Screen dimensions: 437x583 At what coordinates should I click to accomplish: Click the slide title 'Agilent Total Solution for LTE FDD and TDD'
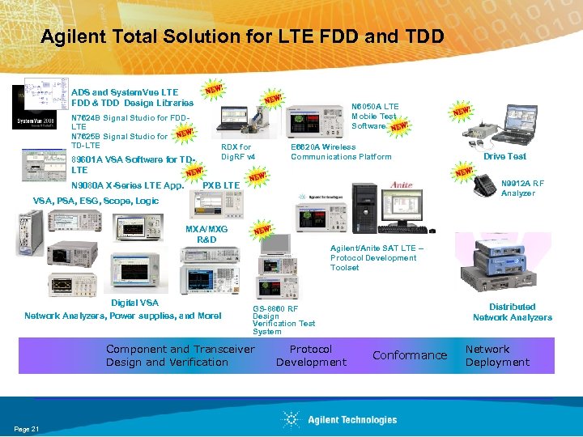[241, 37]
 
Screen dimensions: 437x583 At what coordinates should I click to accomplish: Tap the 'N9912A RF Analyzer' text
[517, 188]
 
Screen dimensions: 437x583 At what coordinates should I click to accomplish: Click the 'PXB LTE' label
[221, 186]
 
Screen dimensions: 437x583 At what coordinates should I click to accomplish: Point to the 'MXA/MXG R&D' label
[206, 235]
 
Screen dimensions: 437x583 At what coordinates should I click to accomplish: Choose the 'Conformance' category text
[409, 355]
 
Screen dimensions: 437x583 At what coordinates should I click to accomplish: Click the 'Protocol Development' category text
[311, 355]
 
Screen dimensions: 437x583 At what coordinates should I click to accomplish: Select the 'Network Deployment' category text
[496, 355]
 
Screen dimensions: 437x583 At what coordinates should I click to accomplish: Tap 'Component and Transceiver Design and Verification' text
[180, 355]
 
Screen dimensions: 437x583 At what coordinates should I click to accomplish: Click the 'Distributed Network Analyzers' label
[512, 312]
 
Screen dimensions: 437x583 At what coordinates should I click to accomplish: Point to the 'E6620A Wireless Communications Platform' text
[340, 152]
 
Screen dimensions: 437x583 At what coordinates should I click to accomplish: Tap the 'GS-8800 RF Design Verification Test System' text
[283, 320]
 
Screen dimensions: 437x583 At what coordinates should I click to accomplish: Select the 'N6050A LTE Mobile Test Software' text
[374, 116]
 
